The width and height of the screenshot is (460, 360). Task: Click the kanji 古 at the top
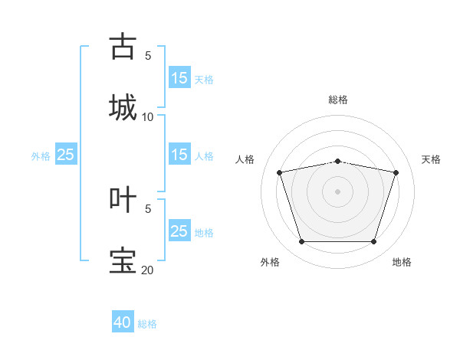pos(122,46)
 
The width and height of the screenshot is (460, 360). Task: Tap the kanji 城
pos(122,107)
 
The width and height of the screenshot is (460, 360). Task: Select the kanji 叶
pos(122,198)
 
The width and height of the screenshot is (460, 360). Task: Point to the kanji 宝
pos(122,260)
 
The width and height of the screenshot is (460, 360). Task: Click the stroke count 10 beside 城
pos(148,116)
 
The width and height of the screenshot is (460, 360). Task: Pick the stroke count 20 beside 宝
pos(148,270)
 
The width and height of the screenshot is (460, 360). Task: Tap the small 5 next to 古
pos(148,55)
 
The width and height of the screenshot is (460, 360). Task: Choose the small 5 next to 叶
pos(148,208)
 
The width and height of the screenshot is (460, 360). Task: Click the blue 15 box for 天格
pos(179,78)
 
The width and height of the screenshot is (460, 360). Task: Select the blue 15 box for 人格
pos(179,155)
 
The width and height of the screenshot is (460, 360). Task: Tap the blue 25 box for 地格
pos(179,231)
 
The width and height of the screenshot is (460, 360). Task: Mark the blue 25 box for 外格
pos(66,155)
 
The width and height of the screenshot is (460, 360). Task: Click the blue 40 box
pos(123,322)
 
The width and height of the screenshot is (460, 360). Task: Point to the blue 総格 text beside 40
pos(147,324)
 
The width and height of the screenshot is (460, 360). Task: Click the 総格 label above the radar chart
pos(338,100)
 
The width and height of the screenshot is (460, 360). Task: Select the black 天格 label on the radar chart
pos(432,159)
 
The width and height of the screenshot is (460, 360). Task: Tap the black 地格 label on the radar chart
pos(402,262)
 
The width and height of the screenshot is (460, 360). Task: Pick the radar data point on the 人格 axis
pos(280,172)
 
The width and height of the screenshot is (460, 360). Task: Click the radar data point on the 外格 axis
pos(301,242)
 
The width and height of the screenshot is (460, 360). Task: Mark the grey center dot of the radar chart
pos(338,191)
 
